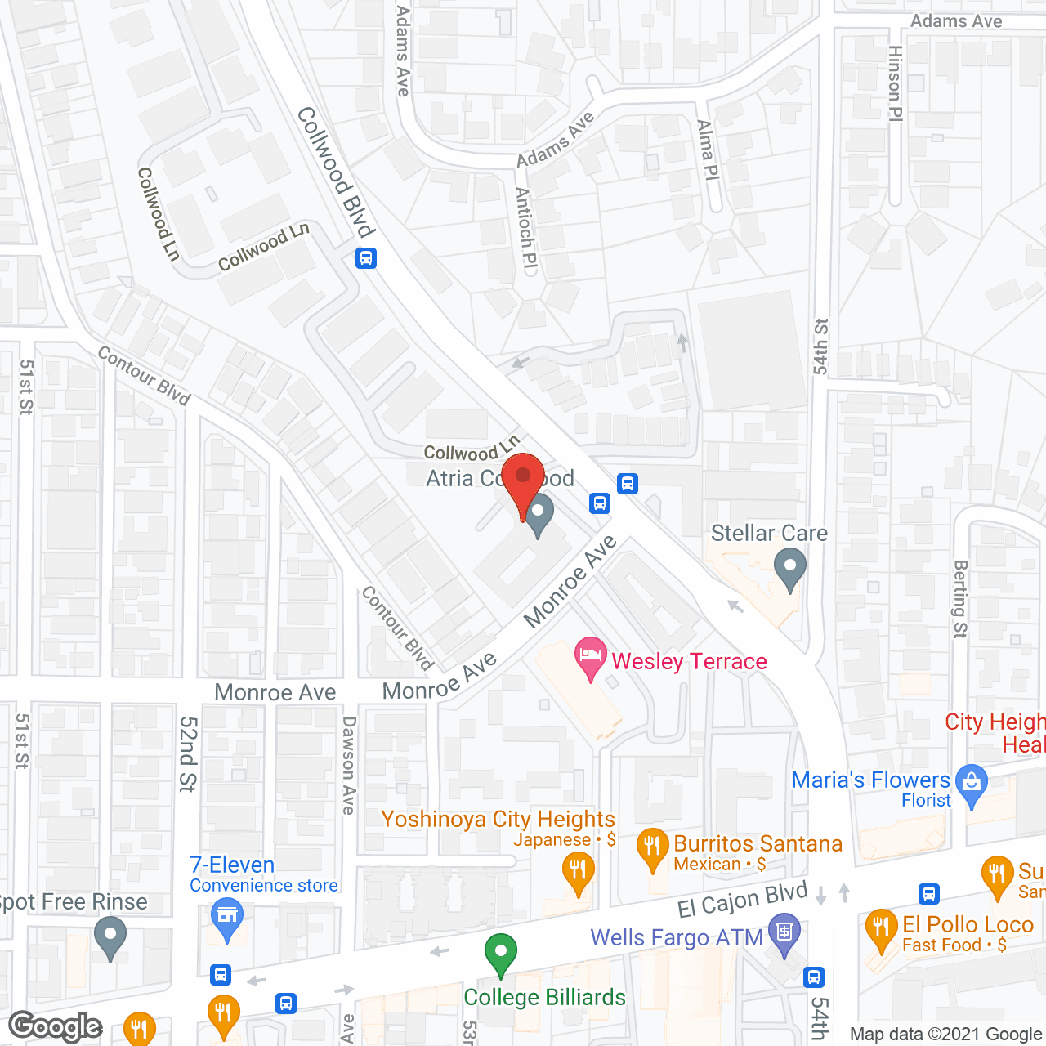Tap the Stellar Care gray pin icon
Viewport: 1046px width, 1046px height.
click(x=789, y=569)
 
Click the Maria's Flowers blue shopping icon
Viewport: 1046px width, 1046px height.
click(x=971, y=785)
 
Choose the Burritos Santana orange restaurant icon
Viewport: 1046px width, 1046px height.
click(x=652, y=847)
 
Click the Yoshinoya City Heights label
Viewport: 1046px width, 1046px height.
click(x=498, y=819)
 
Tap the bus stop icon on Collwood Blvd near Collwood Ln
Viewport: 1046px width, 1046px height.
click(x=365, y=258)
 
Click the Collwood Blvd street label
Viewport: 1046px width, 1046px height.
click(x=335, y=171)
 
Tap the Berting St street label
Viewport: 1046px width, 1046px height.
click(x=961, y=598)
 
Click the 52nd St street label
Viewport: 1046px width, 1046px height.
click(x=188, y=754)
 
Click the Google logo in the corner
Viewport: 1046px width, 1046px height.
click(x=56, y=1026)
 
